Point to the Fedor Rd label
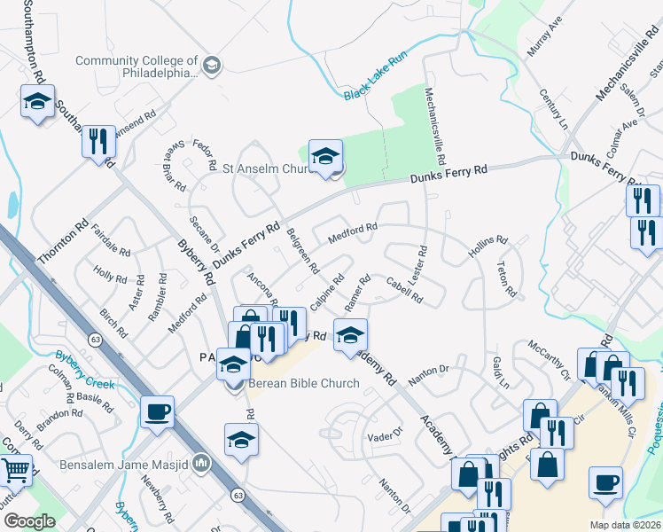tap(206, 152)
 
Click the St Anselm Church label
tap(263, 168)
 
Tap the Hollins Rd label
tap(487, 246)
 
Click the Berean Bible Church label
tap(303, 384)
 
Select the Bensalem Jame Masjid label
tap(123, 464)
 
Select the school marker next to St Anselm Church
tap(325, 155)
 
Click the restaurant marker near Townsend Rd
tap(98, 140)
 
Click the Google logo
tap(29, 521)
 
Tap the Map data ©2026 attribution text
tap(625, 525)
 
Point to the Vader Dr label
tap(385, 436)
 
